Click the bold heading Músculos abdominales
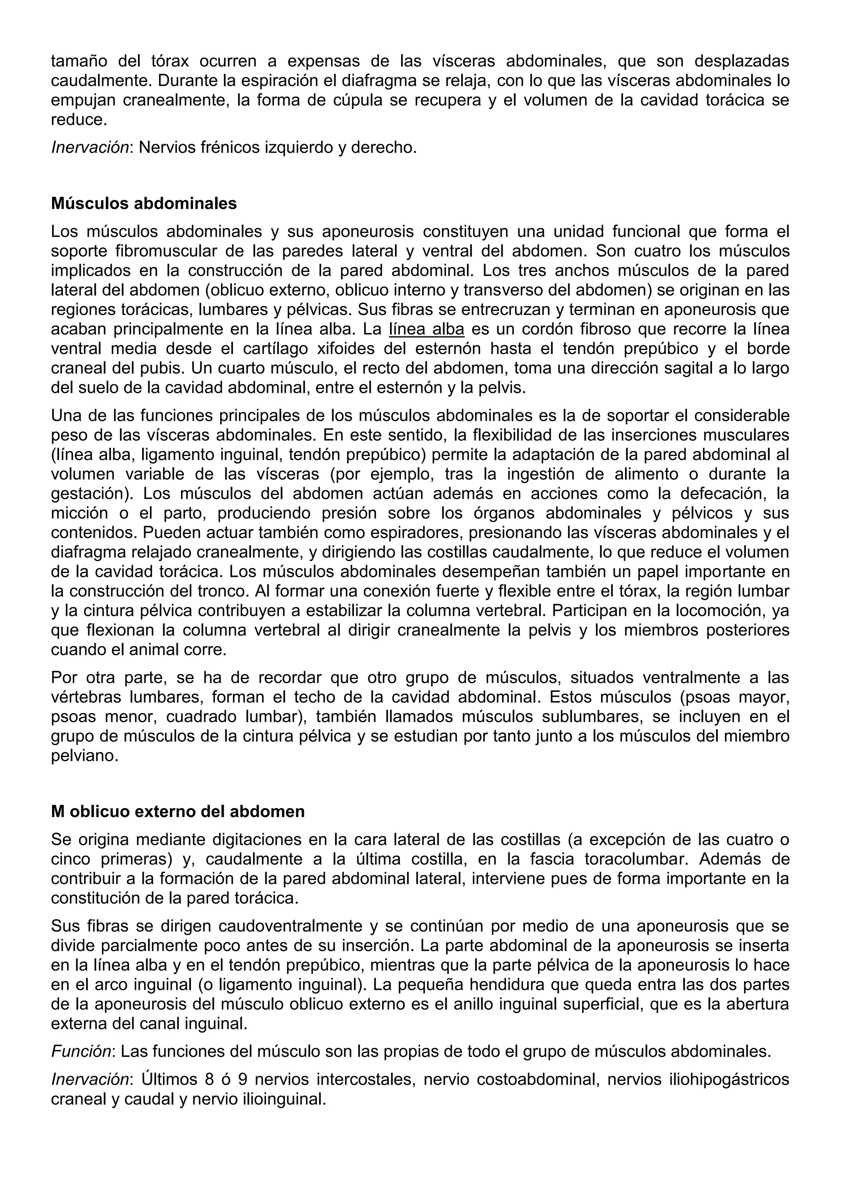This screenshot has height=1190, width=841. (144, 204)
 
